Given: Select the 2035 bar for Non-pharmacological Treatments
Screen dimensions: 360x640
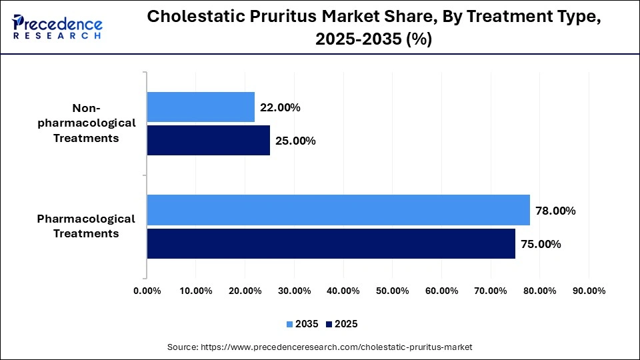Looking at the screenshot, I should coord(201,107).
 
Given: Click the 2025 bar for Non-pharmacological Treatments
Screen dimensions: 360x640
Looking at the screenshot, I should coord(208,141).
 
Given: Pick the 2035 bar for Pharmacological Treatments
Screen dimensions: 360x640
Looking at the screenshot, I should coord(338,210).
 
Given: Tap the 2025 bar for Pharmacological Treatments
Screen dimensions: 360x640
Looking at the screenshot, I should coord(331,243).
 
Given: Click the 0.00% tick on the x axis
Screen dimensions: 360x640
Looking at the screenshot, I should coord(147,291).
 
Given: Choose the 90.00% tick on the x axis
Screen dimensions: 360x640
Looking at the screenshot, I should coord(589,291).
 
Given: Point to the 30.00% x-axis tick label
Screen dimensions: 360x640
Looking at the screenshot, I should coord(294,291).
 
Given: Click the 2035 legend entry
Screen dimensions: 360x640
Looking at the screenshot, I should coord(303,324).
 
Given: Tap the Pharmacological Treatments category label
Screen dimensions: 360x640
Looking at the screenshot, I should coord(86,226).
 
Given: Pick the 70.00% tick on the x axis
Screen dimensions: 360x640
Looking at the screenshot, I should coord(491,291).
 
